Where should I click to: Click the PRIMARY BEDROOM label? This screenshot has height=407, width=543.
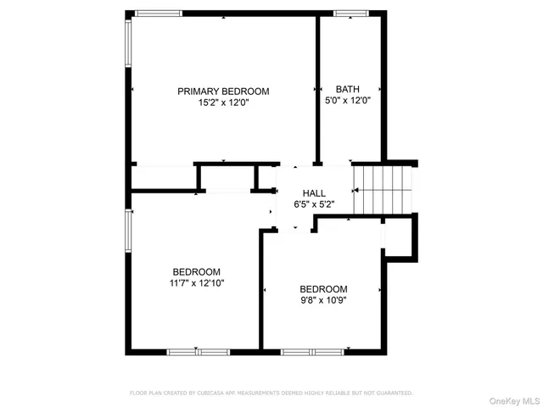tap(222, 91)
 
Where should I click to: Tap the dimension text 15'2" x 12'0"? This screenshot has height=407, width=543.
tap(222, 102)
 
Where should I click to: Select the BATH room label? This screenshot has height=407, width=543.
tap(348, 89)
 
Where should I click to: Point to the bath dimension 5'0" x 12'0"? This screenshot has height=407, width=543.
tap(348, 100)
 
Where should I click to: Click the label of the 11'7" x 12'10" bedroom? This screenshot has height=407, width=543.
tap(197, 271)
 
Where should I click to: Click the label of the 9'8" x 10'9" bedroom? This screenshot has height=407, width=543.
tap(322, 288)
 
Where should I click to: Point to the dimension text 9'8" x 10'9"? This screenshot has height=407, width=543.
tap(322, 299)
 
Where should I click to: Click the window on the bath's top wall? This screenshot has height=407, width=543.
tap(348, 14)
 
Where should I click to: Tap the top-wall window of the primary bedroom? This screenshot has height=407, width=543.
tap(159, 14)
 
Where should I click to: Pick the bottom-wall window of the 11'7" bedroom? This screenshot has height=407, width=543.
tap(197, 350)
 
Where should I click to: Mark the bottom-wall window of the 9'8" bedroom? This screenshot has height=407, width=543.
tap(315, 350)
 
